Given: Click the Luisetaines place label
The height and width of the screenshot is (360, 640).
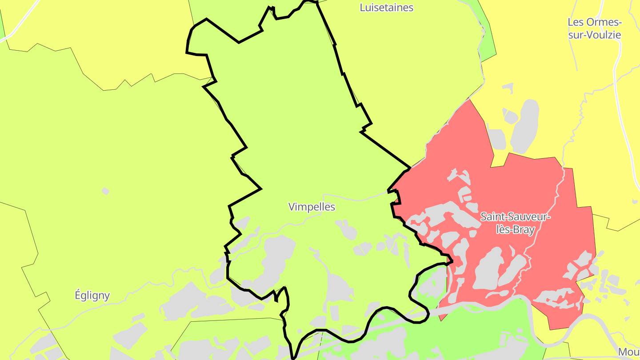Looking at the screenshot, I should coord(386,8).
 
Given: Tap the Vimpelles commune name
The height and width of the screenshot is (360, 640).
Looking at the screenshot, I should coord(312,207).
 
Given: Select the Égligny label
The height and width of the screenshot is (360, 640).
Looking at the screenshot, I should coord(92,295).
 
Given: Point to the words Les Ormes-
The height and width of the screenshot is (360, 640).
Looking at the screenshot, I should coord(595,22).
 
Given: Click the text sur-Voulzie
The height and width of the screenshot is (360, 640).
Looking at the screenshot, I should coord(595,35).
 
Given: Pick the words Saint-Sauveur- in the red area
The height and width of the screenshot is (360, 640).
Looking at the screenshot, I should coord(516,217).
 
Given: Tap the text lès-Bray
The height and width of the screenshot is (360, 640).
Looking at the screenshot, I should coord(516,229).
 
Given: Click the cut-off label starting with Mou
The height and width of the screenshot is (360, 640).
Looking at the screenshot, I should coord(628,352).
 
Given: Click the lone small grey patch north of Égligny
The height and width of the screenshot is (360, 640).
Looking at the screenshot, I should coord(105,191).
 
